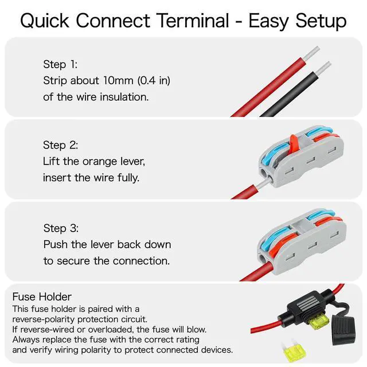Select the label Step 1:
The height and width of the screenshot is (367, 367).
click(x=59, y=64)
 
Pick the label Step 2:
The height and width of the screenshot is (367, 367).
click(x=60, y=145)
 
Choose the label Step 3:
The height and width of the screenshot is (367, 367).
click(x=60, y=228)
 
